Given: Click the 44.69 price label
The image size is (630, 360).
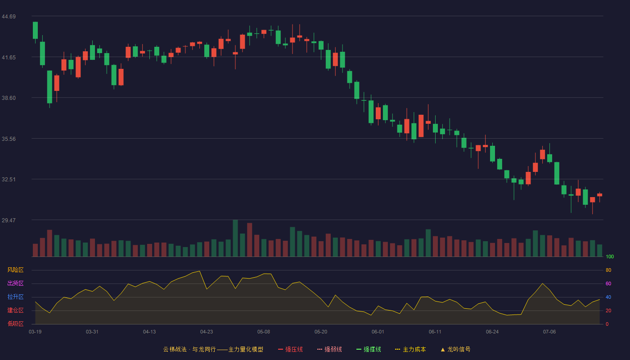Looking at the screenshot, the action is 9,17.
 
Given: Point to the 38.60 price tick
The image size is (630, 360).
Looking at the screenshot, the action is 9,98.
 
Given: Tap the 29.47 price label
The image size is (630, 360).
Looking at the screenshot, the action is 9,220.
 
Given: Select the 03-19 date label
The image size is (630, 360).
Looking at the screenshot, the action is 35,332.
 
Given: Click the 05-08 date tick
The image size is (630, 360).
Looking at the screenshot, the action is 264,332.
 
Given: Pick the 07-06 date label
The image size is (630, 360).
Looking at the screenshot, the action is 549,332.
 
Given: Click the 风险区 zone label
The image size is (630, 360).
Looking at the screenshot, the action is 15,270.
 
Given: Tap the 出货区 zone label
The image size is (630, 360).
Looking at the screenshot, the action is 15,283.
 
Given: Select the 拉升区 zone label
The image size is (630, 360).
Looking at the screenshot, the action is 15,297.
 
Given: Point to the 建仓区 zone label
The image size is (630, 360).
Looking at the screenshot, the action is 15,310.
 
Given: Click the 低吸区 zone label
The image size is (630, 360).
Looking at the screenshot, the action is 15,324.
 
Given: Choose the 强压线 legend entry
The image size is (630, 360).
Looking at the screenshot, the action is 290,349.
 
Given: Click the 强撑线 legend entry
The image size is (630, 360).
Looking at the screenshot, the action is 369,349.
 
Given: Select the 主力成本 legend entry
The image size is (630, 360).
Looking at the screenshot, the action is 410,349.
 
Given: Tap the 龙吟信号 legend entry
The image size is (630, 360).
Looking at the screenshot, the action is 455,349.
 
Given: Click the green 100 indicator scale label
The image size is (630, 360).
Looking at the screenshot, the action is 610,256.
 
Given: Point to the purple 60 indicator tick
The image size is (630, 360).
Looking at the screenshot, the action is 608,283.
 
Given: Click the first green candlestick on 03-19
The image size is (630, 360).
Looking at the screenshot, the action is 35,30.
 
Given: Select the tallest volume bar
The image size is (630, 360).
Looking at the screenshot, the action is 235,238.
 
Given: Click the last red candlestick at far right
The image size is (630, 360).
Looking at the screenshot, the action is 599,195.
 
